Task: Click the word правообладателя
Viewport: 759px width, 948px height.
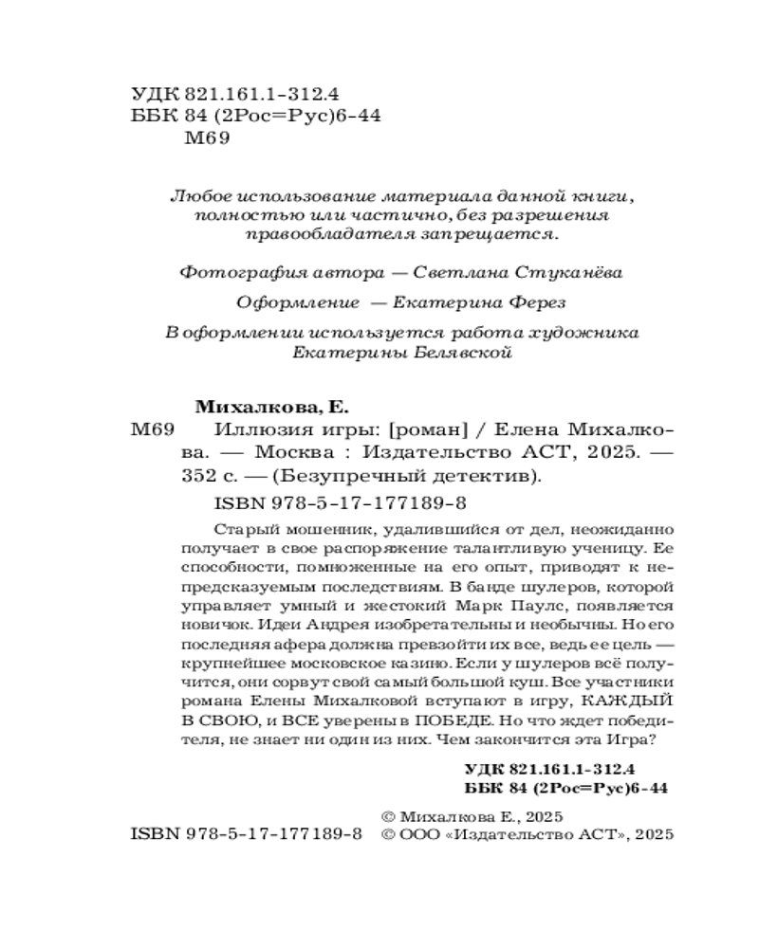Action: pyautogui.click(x=309, y=233)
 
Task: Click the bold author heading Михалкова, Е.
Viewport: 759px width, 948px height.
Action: pyautogui.click(x=270, y=409)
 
